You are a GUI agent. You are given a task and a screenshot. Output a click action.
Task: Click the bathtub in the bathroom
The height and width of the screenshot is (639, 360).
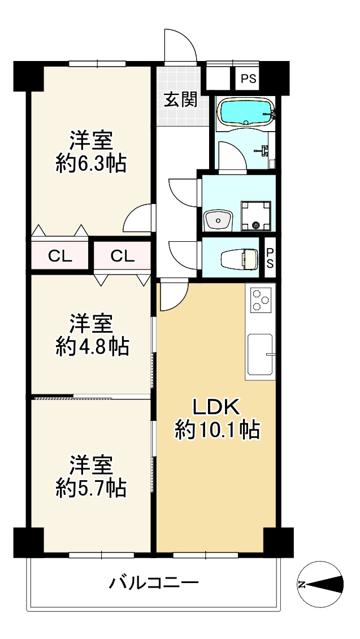point(246,112)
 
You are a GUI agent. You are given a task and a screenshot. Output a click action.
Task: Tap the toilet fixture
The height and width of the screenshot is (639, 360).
point(240,259)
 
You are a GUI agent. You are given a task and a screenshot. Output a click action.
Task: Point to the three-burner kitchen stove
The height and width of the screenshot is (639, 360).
point(261,300)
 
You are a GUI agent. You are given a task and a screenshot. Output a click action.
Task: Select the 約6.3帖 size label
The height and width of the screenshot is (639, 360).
point(90,164)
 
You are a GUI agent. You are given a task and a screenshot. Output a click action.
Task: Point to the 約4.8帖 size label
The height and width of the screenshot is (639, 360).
point(92,347)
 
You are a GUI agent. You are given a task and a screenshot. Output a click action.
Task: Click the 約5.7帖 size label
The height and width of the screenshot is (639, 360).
point(90,488)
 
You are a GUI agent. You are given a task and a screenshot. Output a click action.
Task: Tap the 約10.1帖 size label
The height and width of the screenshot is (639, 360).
point(218,430)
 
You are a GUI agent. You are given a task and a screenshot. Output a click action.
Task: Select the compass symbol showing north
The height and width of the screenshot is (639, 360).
point(320,584)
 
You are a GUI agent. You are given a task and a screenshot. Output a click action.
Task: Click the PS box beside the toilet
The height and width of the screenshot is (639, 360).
point(270,258)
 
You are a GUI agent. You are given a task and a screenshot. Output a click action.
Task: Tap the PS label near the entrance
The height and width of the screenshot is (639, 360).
point(248,79)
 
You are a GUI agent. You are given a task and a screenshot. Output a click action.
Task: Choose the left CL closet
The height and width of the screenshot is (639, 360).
point(60,255)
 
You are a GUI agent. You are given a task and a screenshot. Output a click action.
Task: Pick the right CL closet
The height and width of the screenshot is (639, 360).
point(123,255)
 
